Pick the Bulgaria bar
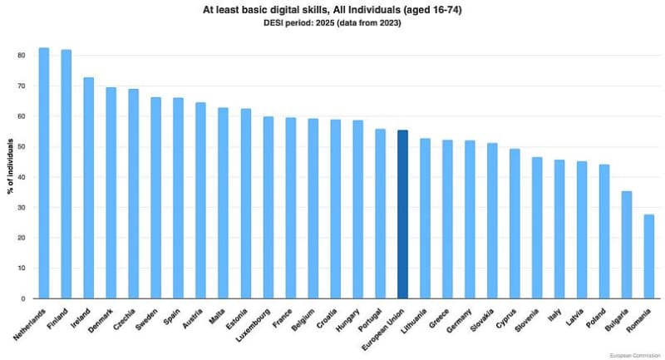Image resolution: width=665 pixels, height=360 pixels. (627, 244)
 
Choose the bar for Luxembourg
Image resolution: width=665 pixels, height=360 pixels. (268, 207)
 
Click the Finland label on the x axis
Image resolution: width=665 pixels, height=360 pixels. (60, 319)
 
